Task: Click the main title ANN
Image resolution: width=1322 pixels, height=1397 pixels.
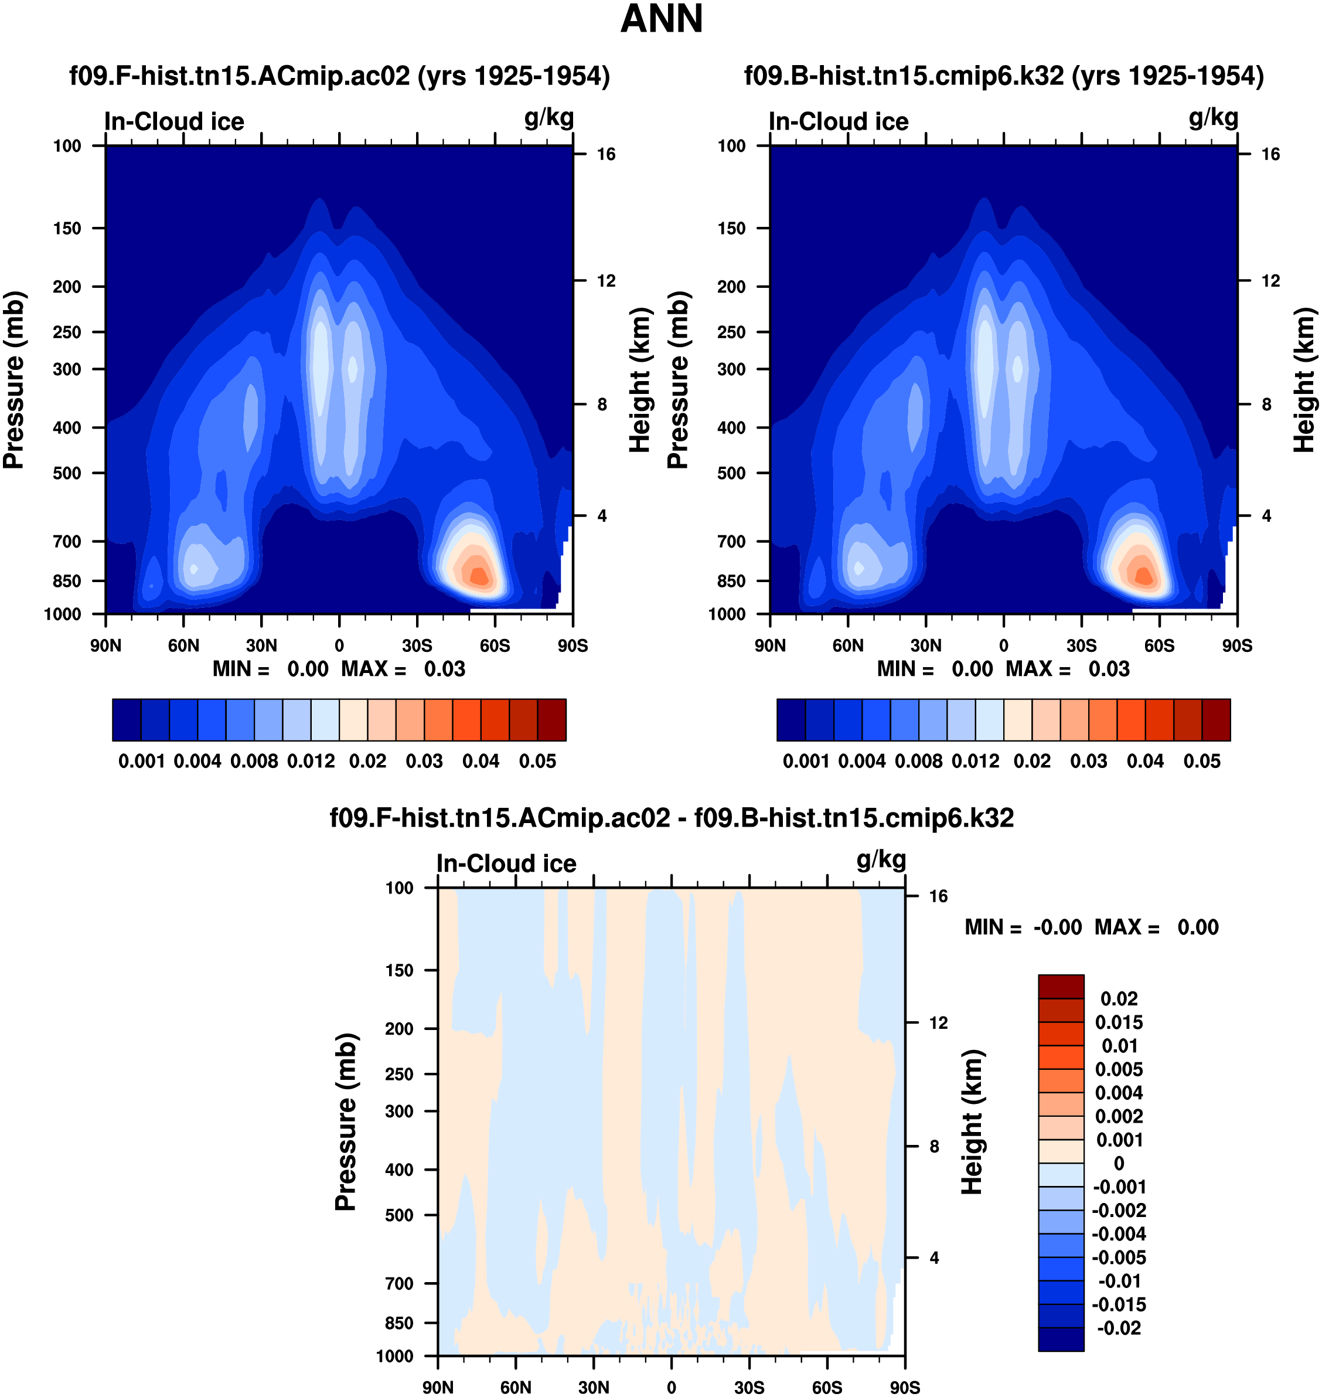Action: (661, 19)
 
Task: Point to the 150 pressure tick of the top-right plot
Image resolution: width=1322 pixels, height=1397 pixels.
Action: (731, 229)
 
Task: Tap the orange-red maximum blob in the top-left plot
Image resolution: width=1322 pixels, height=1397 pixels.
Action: (479, 575)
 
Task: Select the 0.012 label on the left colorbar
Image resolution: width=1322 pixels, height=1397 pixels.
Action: (311, 762)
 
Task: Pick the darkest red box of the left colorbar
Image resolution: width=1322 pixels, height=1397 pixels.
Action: (552, 720)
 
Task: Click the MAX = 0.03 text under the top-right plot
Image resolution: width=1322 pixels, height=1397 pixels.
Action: (1068, 669)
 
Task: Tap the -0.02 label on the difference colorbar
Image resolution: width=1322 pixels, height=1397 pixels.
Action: (1119, 1328)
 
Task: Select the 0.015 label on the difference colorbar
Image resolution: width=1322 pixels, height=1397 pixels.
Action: (1119, 1023)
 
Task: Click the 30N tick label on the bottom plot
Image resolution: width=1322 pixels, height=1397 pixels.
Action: (594, 1388)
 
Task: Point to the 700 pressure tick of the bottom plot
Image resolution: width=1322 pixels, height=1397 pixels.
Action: (399, 1283)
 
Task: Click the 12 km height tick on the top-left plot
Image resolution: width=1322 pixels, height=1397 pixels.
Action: (606, 281)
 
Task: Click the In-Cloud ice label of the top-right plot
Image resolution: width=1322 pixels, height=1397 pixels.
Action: (839, 122)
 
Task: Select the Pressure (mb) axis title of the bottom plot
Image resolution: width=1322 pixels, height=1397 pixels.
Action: (346, 1122)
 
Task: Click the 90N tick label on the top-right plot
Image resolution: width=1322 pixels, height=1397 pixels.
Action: (770, 645)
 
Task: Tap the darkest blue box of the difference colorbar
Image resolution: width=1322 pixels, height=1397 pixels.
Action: (1061, 1339)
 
